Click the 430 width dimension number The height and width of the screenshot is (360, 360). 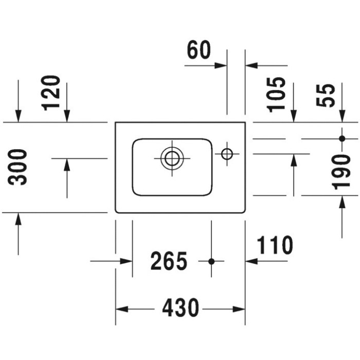(x=181, y=308)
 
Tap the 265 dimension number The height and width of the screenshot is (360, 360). (x=169, y=261)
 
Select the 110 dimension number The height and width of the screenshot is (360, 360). (x=275, y=245)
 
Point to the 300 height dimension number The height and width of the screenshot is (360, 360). (x=17, y=167)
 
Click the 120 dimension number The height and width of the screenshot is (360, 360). (x=51, y=93)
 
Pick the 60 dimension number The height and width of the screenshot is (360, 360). (x=199, y=50)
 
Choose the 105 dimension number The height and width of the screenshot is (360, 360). (x=277, y=95)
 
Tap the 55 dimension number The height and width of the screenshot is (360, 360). (x=326, y=95)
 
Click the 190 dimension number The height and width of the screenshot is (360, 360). (x=341, y=172)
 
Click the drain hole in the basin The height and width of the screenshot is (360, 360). (x=172, y=158)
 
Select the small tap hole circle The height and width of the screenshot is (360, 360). (x=227, y=154)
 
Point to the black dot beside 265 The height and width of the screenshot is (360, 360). (x=211, y=261)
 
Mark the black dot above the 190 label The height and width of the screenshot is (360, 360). (x=342, y=139)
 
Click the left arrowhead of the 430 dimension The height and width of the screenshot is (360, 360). (x=122, y=309)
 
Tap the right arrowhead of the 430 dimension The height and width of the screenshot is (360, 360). (x=239, y=309)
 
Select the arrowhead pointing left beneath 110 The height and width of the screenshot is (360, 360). (x=251, y=261)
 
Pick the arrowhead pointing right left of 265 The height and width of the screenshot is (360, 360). (x=126, y=261)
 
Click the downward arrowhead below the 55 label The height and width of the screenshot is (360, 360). (x=342, y=116)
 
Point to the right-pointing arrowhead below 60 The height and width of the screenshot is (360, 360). (x=221, y=66)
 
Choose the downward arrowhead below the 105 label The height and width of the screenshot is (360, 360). (x=294, y=116)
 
